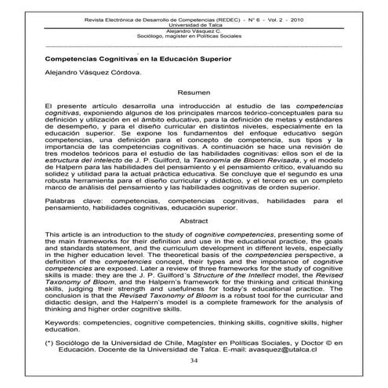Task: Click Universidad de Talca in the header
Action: click(194, 23)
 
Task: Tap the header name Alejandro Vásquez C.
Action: click(194, 29)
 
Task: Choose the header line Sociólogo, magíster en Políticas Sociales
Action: click(194, 35)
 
